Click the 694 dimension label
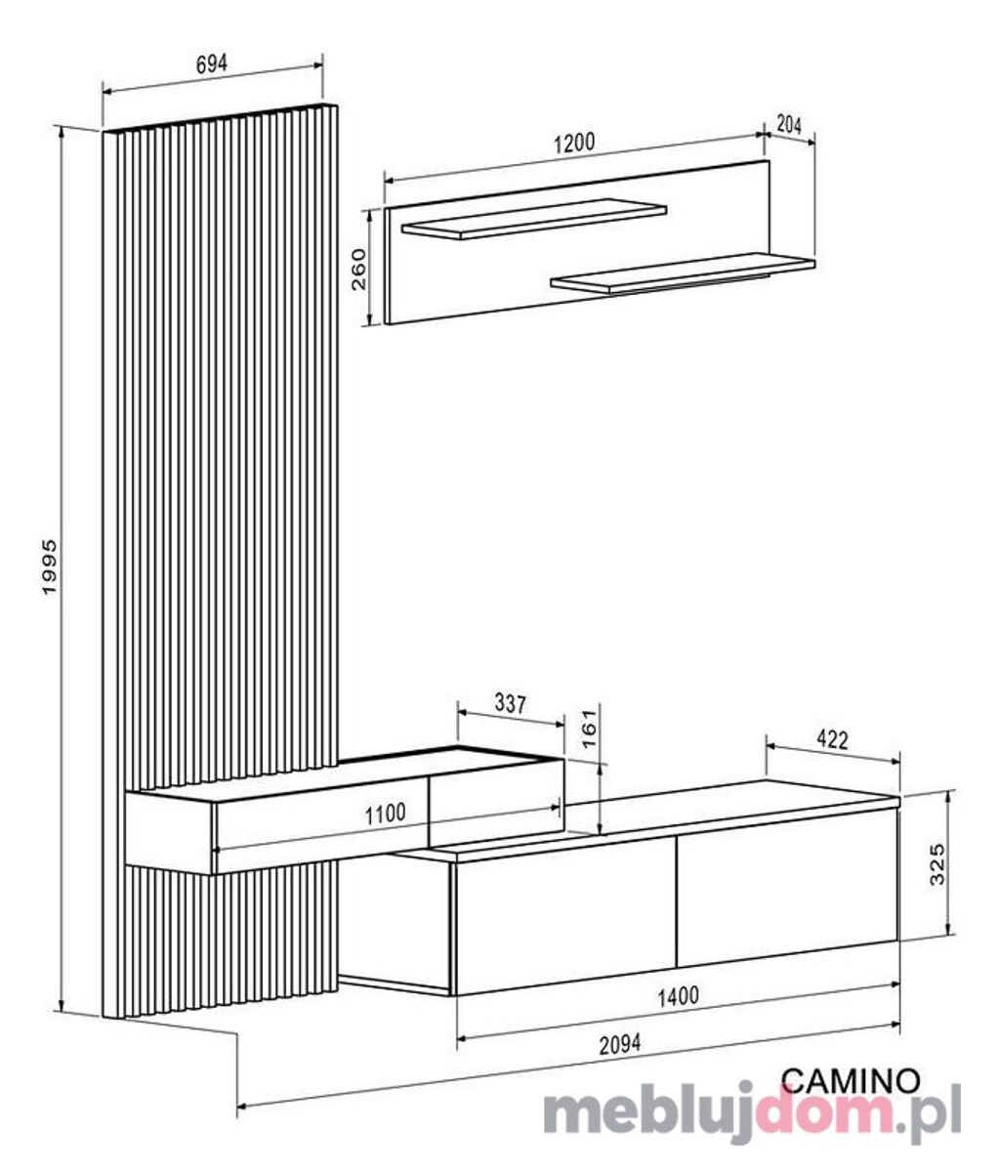point(212,64)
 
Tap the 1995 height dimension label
point(50,566)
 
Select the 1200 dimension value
point(574,143)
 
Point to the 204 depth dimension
point(789,124)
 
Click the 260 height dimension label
point(359,270)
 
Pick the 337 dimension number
point(511,703)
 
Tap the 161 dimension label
point(589,729)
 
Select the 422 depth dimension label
point(832,739)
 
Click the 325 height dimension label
point(937,864)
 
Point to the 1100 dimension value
point(385,814)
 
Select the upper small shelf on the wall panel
point(533,219)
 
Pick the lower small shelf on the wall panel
point(683,273)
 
